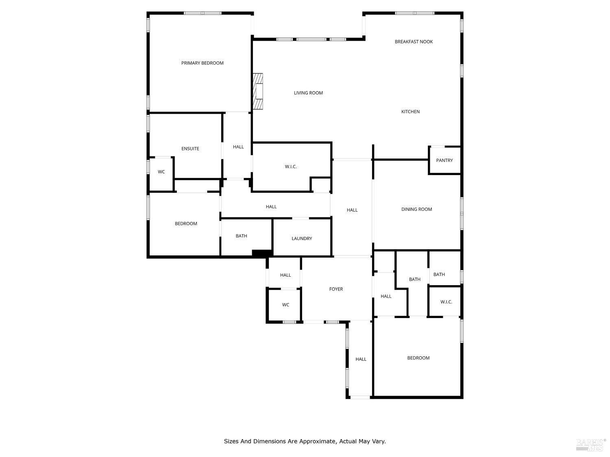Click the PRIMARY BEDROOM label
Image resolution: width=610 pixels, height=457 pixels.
[202, 63]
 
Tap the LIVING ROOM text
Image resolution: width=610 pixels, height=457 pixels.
[308, 93]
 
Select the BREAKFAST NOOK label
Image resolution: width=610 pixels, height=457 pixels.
[414, 41]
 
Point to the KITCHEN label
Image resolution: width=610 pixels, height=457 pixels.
[410, 112]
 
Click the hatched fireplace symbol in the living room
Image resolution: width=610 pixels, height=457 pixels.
[258, 91]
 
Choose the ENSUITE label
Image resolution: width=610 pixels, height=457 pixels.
[190, 149]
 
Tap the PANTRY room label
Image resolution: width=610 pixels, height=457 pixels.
[444, 160]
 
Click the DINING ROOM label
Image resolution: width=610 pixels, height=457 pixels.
[416, 209]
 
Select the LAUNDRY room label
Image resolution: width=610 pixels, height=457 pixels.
[301, 238]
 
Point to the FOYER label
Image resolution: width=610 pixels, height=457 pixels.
[336, 289]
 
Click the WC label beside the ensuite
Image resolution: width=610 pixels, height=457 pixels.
[161, 172]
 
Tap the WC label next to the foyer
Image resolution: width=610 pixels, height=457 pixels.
[285, 305]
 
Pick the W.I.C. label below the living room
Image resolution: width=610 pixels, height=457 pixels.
[291, 167]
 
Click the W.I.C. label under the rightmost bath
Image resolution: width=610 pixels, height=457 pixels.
[446, 302]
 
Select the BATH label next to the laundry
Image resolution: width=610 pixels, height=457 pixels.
[241, 236]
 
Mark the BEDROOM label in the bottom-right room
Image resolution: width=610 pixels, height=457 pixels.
[418, 358]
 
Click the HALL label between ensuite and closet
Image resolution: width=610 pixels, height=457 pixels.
[238, 147]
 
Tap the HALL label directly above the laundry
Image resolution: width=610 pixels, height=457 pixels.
[271, 207]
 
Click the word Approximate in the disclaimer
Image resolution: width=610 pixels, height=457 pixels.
[317, 441]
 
